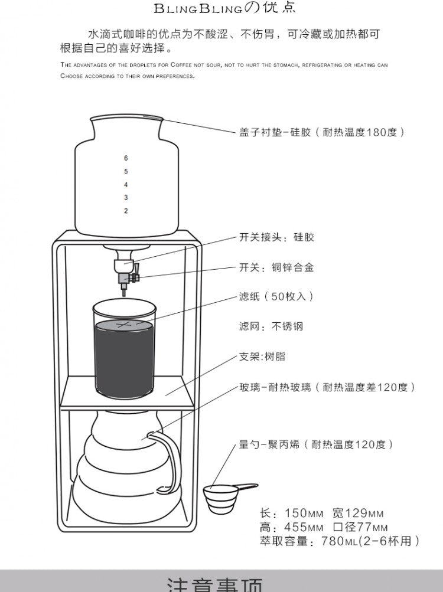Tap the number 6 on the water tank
pyautogui.click(x=126, y=158)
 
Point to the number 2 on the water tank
pyautogui.click(x=126, y=211)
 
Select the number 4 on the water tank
pyautogui.click(x=126, y=185)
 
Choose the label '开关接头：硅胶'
pyautogui.click(x=276, y=237)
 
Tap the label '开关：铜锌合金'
pyautogui.click(x=276, y=267)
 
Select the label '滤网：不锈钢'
pyautogui.click(x=271, y=326)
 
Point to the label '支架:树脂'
pyautogui.click(x=262, y=356)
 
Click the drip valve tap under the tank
pyautogui.click(x=126, y=272)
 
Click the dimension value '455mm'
pyautogui.click(x=304, y=527)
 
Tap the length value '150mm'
pyautogui.click(x=304, y=513)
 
